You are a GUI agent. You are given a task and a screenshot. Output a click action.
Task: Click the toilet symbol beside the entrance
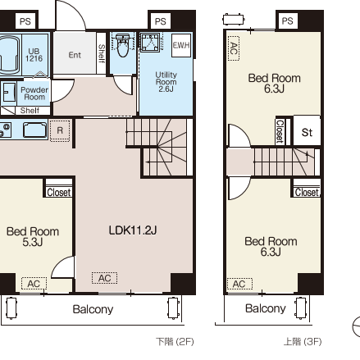pyautogui.click(x=122, y=45)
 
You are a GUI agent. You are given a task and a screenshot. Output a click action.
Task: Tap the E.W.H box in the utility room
pyautogui.click(x=181, y=45)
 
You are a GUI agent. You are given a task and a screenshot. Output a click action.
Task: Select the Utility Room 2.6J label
pyautogui.click(x=166, y=82)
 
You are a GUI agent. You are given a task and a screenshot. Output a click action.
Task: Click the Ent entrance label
pyautogui.click(x=75, y=55)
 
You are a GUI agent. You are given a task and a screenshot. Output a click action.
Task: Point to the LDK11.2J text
pyautogui.click(x=133, y=230)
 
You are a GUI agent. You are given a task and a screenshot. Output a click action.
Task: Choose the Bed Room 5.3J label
pyautogui.click(x=33, y=237)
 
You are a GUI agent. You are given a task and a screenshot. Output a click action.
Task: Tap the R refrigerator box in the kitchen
pyautogui.click(x=60, y=130)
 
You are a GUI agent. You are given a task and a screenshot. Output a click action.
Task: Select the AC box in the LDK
pyautogui.click(x=104, y=278)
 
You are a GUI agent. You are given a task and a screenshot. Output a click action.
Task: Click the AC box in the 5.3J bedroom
pyautogui.click(x=34, y=284)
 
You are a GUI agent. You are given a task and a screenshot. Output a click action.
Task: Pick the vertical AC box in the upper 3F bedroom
pyautogui.click(x=234, y=48)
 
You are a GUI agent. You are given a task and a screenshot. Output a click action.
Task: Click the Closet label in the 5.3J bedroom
pyautogui.click(x=59, y=193)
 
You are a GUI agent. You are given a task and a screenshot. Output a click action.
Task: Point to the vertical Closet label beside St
pyautogui.click(x=280, y=131)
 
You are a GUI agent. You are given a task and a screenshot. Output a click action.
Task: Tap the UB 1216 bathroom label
pyautogui.click(x=34, y=55)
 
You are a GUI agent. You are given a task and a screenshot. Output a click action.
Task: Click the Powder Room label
pyautogui.click(x=34, y=93)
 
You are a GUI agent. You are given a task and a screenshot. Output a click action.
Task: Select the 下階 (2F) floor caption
pyautogui.click(x=175, y=341)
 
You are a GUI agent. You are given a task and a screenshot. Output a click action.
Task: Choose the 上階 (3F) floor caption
pyautogui.click(x=303, y=341)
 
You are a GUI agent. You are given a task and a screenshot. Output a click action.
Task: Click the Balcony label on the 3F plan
pyautogui.click(x=266, y=308)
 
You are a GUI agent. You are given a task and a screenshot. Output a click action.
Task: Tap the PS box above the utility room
pyautogui.click(x=160, y=21)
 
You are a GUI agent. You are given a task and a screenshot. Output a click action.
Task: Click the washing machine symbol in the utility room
pyautogui.click(x=150, y=42)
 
